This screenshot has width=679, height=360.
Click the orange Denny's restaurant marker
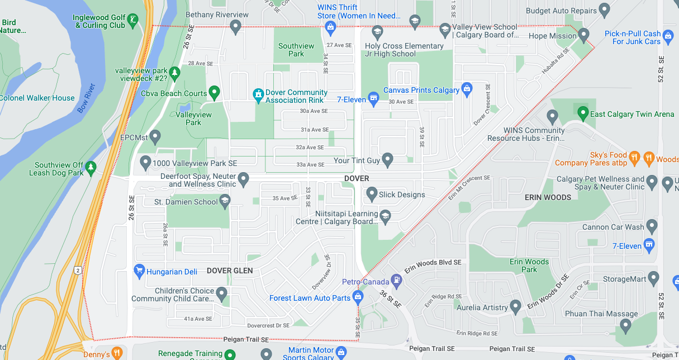tap(117, 353)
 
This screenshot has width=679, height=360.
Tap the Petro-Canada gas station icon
tap(396, 279)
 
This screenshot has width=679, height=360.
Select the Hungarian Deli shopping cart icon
tap(139, 272)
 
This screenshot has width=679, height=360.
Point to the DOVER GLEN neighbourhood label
tap(230, 271)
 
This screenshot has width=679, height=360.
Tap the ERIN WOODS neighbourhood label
tap(548, 197)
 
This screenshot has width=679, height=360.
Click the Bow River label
tap(87, 98)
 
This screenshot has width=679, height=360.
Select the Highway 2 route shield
tap(78, 270)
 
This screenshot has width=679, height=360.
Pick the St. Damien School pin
tap(225, 202)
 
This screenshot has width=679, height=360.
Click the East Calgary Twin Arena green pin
tap(583, 114)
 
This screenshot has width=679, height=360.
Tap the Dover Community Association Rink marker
tap(258, 96)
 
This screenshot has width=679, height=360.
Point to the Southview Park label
tap(296, 50)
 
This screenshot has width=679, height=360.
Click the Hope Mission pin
tap(584, 35)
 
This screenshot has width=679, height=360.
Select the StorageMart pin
tap(654, 278)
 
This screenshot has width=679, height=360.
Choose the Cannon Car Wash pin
tap(652, 226)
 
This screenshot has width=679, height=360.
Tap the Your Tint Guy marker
tap(387, 160)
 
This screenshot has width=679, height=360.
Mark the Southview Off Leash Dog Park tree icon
tap(91, 166)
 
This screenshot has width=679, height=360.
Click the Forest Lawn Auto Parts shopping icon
tap(358, 297)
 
